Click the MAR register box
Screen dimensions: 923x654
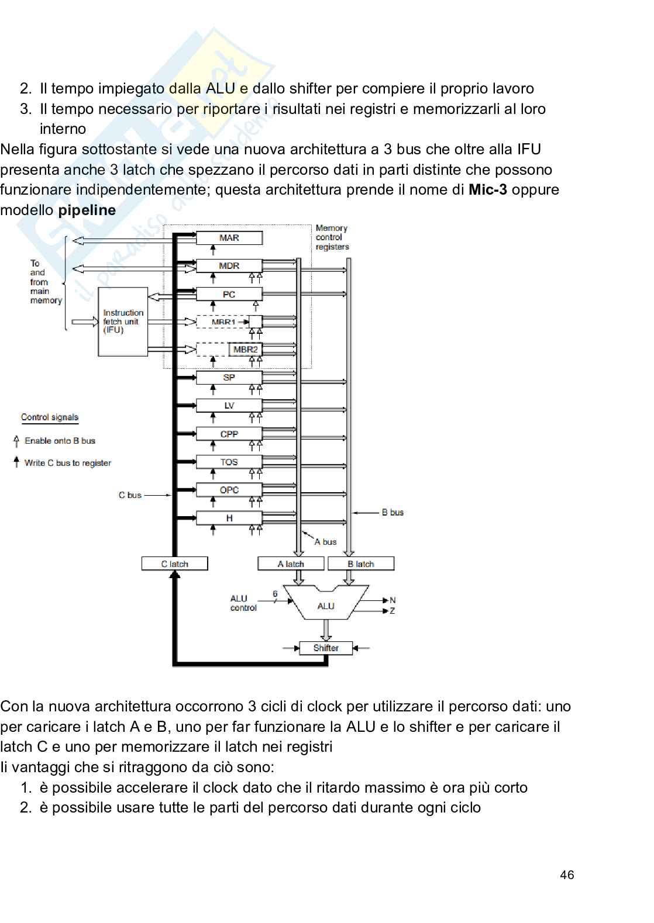coord(229,238)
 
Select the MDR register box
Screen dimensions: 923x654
coord(229,266)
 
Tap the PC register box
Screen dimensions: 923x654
coord(229,294)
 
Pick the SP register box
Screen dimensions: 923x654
coord(229,378)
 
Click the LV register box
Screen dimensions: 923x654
coord(229,406)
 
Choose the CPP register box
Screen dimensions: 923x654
coord(229,434)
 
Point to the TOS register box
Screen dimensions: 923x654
coord(229,462)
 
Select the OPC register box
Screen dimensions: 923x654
coord(229,490)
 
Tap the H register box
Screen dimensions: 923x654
coord(229,518)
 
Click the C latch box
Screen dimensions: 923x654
coord(174,564)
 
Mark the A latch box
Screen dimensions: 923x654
coord(291,564)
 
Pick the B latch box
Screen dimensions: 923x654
coord(361,564)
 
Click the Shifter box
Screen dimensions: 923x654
coord(326,648)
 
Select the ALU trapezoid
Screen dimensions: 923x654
coord(326,604)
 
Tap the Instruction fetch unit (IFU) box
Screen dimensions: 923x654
coord(123,322)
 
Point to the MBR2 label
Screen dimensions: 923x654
coord(245,350)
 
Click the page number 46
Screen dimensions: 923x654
coord(567,875)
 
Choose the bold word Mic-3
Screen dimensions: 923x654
coord(487,190)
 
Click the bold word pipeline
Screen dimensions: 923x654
coord(87,210)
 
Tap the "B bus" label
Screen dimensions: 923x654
coord(393,513)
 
